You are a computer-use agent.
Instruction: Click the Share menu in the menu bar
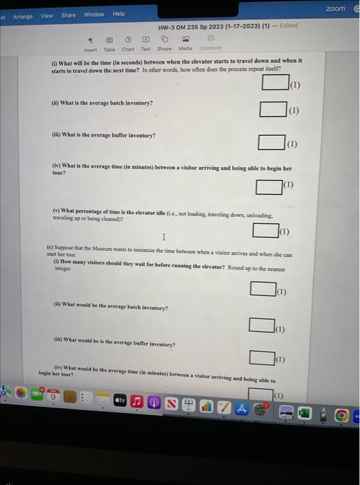(69, 15)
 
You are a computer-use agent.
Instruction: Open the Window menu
(94, 15)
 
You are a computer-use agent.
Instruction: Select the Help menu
(119, 14)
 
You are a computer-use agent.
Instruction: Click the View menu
(47, 15)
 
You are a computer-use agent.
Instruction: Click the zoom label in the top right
(334, 8)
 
